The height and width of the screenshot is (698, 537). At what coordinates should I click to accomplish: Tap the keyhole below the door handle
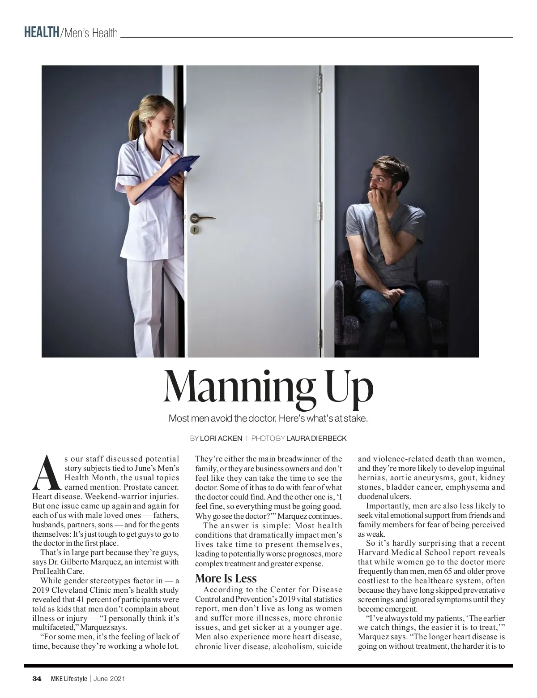(x=195, y=229)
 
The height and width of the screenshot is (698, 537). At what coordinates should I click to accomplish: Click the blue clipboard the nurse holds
(x=168, y=178)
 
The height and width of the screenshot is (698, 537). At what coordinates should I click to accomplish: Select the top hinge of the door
(x=320, y=83)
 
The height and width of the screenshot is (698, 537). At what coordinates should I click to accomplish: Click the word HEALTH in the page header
(x=42, y=33)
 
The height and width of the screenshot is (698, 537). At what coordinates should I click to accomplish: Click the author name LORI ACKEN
(x=221, y=438)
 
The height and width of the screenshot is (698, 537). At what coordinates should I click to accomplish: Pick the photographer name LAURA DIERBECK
(x=316, y=438)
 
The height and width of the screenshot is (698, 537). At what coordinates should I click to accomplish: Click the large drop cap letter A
(x=46, y=473)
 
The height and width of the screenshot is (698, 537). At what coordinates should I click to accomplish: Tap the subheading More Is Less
(x=226, y=578)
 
